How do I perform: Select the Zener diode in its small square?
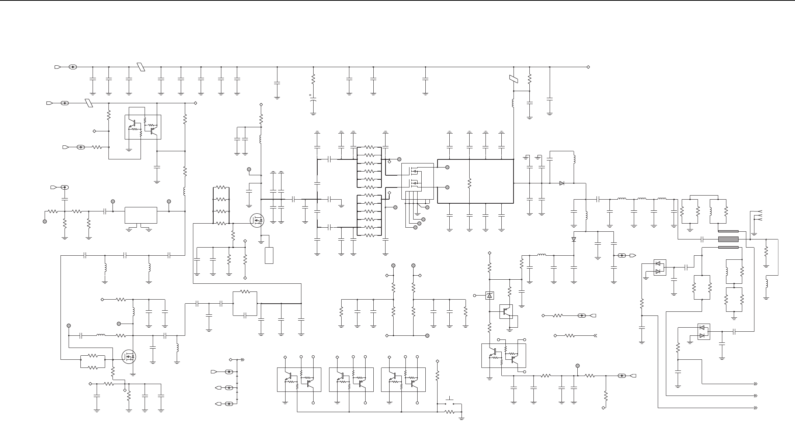click(490, 295)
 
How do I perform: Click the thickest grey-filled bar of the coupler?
click(728, 239)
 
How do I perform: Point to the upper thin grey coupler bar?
click(728, 231)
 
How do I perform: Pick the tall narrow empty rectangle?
click(269, 256)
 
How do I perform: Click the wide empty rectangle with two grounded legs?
click(141, 215)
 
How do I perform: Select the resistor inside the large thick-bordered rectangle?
click(469, 183)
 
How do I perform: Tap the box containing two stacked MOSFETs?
click(417, 181)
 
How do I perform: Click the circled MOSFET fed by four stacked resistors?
click(257, 221)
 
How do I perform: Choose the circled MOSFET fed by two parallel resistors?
click(129, 356)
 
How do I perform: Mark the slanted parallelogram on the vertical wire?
click(514, 79)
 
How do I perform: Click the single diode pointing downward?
click(574, 239)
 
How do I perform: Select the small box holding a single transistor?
click(506, 311)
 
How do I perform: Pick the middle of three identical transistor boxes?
click(351, 379)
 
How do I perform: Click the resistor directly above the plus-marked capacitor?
click(313, 79)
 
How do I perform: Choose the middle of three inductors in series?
click(642, 199)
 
